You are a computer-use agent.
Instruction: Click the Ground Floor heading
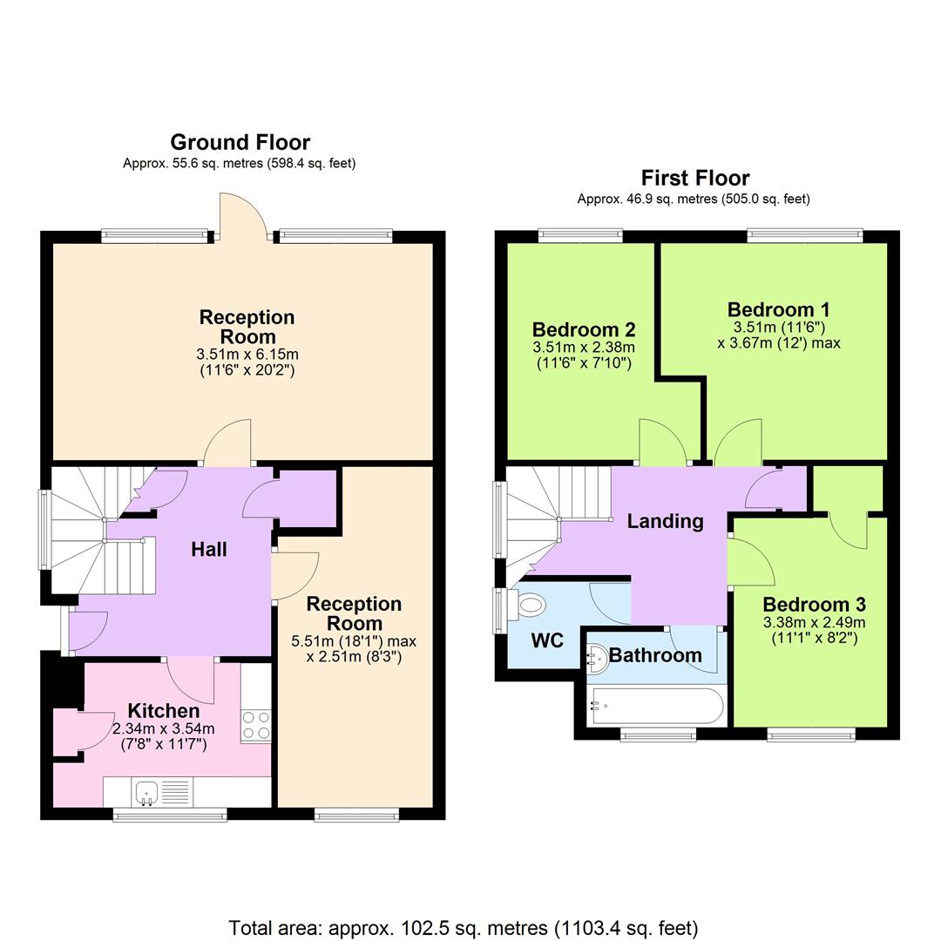point(240,142)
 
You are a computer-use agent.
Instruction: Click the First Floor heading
point(694,178)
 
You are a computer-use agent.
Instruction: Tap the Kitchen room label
point(163,710)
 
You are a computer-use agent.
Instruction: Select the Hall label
point(209,549)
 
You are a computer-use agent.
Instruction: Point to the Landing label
point(665,521)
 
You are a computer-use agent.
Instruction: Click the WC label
point(547,640)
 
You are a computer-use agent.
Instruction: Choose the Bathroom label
point(654,655)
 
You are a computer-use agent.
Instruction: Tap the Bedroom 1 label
point(778,309)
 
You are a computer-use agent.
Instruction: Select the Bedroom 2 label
point(583,329)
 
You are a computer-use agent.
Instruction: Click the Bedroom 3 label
point(813,604)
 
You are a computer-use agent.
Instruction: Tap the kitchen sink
point(146,792)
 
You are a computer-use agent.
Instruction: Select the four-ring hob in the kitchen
point(256,725)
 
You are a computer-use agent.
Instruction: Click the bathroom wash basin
point(597,658)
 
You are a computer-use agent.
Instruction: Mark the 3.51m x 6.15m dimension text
point(247,354)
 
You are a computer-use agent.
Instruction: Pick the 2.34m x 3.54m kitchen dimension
point(163,729)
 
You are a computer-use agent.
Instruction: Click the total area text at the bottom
point(464,928)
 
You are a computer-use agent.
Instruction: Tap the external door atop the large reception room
point(242,218)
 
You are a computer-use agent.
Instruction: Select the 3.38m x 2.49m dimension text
point(813,622)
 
